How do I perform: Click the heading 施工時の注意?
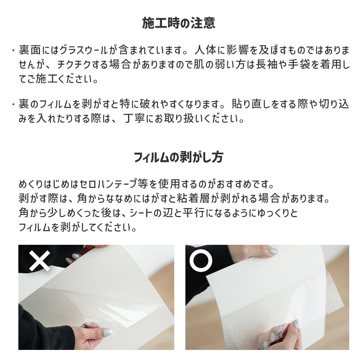tap(179, 23)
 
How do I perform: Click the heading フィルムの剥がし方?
tap(179, 157)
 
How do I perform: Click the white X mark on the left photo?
tap(40, 261)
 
